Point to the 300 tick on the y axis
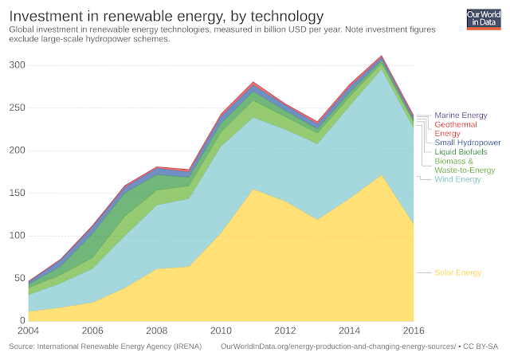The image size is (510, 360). (16, 65)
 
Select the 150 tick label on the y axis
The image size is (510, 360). (16, 194)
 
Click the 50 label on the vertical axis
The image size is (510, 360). (18, 279)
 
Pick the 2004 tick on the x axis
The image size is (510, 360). (28, 331)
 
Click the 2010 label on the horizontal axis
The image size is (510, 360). (221, 331)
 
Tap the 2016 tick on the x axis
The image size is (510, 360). (414, 331)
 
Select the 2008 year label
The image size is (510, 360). (156, 331)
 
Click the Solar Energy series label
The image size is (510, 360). (458, 273)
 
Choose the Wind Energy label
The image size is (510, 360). (458, 179)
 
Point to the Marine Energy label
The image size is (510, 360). (461, 115)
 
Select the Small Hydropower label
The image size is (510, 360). (467, 143)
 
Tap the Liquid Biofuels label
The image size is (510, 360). (461, 151)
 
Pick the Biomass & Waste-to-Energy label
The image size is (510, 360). (465, 165)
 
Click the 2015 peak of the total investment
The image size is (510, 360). (382, 56)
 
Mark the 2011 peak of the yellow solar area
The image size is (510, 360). (253, 190)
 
